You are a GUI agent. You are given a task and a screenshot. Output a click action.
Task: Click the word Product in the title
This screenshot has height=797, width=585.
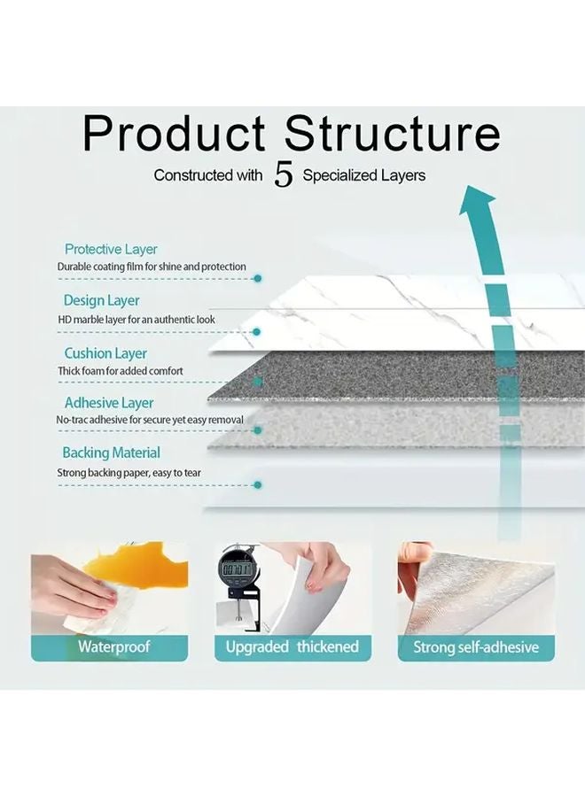click(174, 133)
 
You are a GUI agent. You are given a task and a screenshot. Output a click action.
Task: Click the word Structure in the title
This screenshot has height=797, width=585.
click(393, 133)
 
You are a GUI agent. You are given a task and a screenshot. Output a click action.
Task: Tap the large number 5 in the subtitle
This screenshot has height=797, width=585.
click(283, 175)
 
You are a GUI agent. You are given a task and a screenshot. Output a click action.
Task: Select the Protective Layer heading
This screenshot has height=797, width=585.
click(111, 250)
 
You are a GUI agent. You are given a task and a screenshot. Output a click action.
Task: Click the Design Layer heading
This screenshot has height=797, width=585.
click(101, 301)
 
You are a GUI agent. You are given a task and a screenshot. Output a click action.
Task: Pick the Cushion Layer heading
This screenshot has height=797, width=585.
click(105, 353)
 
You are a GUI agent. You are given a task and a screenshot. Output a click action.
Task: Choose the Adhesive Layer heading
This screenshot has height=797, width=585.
click(109, 403)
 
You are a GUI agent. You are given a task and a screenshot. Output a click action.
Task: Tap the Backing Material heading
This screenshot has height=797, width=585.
click(111, 453)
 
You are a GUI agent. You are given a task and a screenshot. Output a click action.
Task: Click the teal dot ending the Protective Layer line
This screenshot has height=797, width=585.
click(257, 278)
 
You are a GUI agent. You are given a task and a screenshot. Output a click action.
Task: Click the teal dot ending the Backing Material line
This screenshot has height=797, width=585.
click(257, 484)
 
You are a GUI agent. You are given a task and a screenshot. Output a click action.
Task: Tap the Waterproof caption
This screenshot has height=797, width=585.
click(113, 646)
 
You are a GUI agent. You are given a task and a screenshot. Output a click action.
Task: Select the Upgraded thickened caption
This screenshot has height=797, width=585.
click(292, 646)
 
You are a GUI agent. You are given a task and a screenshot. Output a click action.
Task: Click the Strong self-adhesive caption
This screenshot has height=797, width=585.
click(476, 647)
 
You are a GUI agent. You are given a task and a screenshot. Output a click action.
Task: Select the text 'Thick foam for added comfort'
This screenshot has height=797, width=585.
click(120, 370)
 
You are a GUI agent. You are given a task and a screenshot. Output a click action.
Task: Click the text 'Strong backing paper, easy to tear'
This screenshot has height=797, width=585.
click(129, 473)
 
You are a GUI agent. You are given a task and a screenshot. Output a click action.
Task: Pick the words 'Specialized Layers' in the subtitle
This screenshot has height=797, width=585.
click(364, 175)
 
